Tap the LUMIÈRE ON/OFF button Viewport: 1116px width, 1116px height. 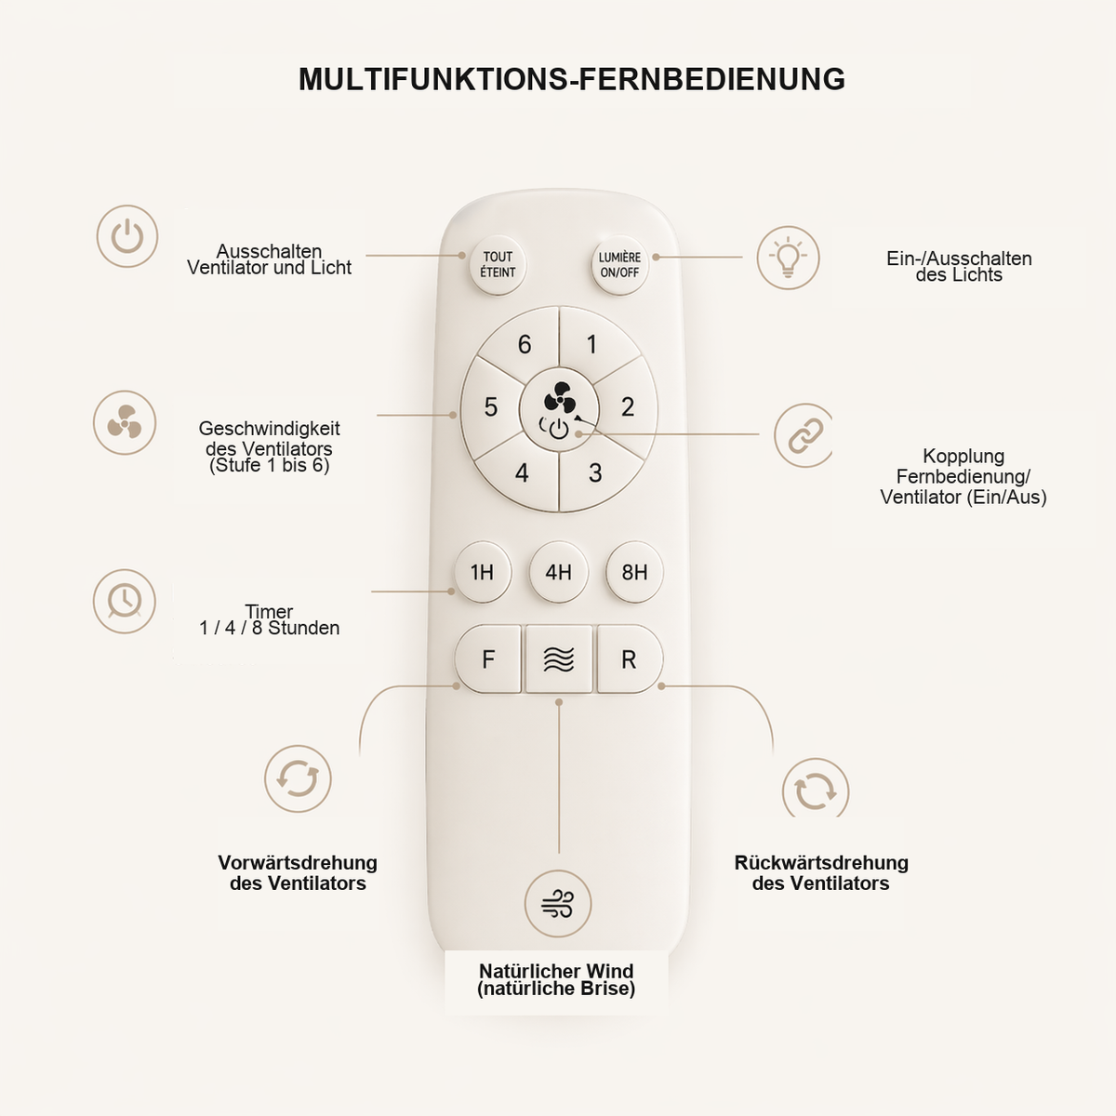point(619,265)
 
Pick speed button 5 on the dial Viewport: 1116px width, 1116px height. point(490,407)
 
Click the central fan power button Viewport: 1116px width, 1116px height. point(558,409)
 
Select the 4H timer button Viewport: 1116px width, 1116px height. point(558,572)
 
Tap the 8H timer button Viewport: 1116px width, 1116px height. point(634,572)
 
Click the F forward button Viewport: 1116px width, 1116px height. point(488,659)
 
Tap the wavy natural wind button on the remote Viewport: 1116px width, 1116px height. point(559,659)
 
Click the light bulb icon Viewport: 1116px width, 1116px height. point(788,258)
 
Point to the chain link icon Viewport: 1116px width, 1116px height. point(804,435)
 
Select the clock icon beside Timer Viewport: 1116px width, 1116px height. point(125,601)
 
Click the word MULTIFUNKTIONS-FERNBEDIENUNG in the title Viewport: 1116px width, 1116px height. point(572,79)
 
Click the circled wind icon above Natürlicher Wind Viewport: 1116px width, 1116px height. point(558,903)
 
